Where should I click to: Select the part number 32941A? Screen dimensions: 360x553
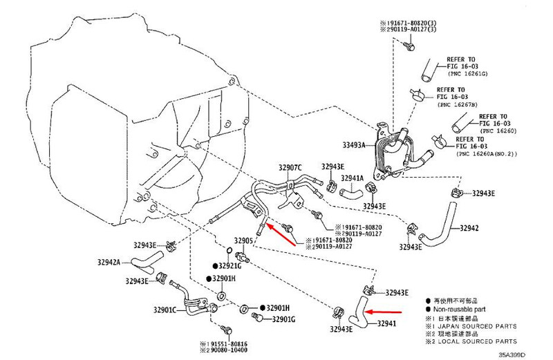(x=351, y=178)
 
